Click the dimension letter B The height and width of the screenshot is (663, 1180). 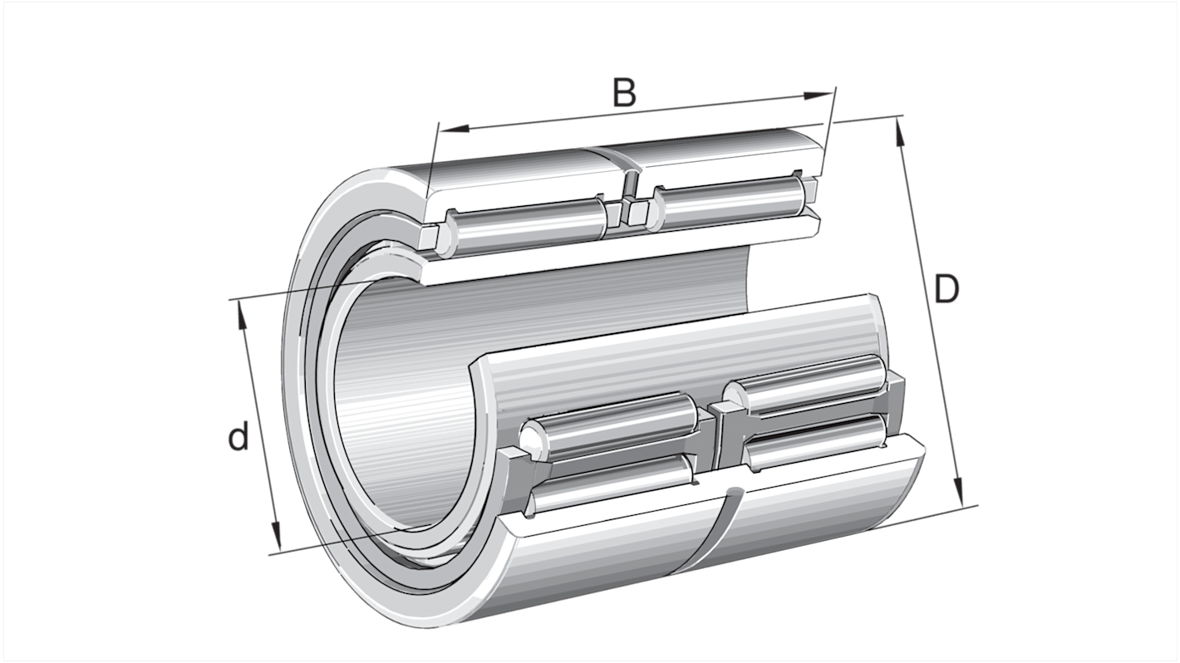pyautogui.click(x=624, y=92)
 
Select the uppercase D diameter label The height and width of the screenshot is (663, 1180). pyautogui.click(x=946, y=290)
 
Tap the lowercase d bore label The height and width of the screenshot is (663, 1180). pyautogui.click(x=238, y=437)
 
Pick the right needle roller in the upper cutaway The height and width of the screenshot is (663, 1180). pyautogui.click(x=727, y=202)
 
